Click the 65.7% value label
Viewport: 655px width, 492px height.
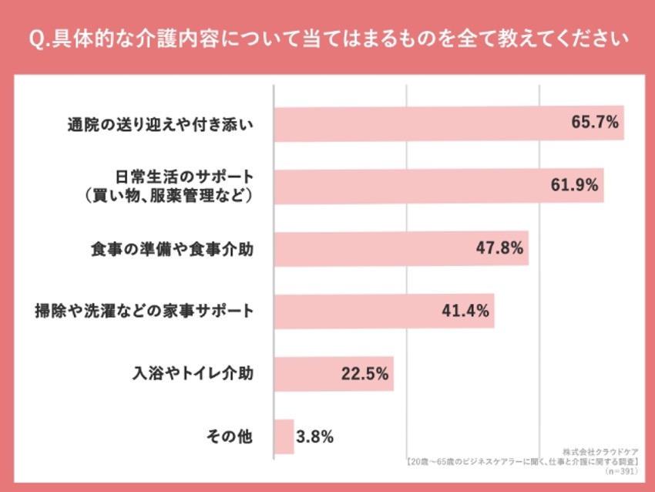tap(595, 123)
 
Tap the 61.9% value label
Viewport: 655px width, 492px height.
tap(574, 185)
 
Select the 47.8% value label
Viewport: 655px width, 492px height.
tap(499, 248)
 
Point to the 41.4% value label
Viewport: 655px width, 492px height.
tap(465, 311)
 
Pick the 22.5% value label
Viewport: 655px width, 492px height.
tap(364, 374)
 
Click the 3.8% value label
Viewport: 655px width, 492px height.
tap(315, 436)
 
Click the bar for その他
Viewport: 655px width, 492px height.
tap(284, 436)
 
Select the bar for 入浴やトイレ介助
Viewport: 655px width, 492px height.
tap(334, 374)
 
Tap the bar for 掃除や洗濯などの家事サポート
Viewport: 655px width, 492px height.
tap(385, 311)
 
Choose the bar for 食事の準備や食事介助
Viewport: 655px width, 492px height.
tap(401, 248)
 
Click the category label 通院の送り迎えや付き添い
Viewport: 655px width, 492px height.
tap(160, 125)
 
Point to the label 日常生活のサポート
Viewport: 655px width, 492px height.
tap(184, 177)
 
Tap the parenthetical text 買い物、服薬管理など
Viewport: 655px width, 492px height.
tap(168, 195)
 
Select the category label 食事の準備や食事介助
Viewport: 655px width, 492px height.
tap(172, 249)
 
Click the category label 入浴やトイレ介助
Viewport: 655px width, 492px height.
tap(193, 373)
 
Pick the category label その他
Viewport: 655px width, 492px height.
tap(230, 436)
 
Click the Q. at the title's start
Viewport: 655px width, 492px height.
tap(39, 39)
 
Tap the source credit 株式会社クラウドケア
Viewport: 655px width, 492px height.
tap(600, 452)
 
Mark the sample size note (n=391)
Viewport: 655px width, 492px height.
tap(621, 471)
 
